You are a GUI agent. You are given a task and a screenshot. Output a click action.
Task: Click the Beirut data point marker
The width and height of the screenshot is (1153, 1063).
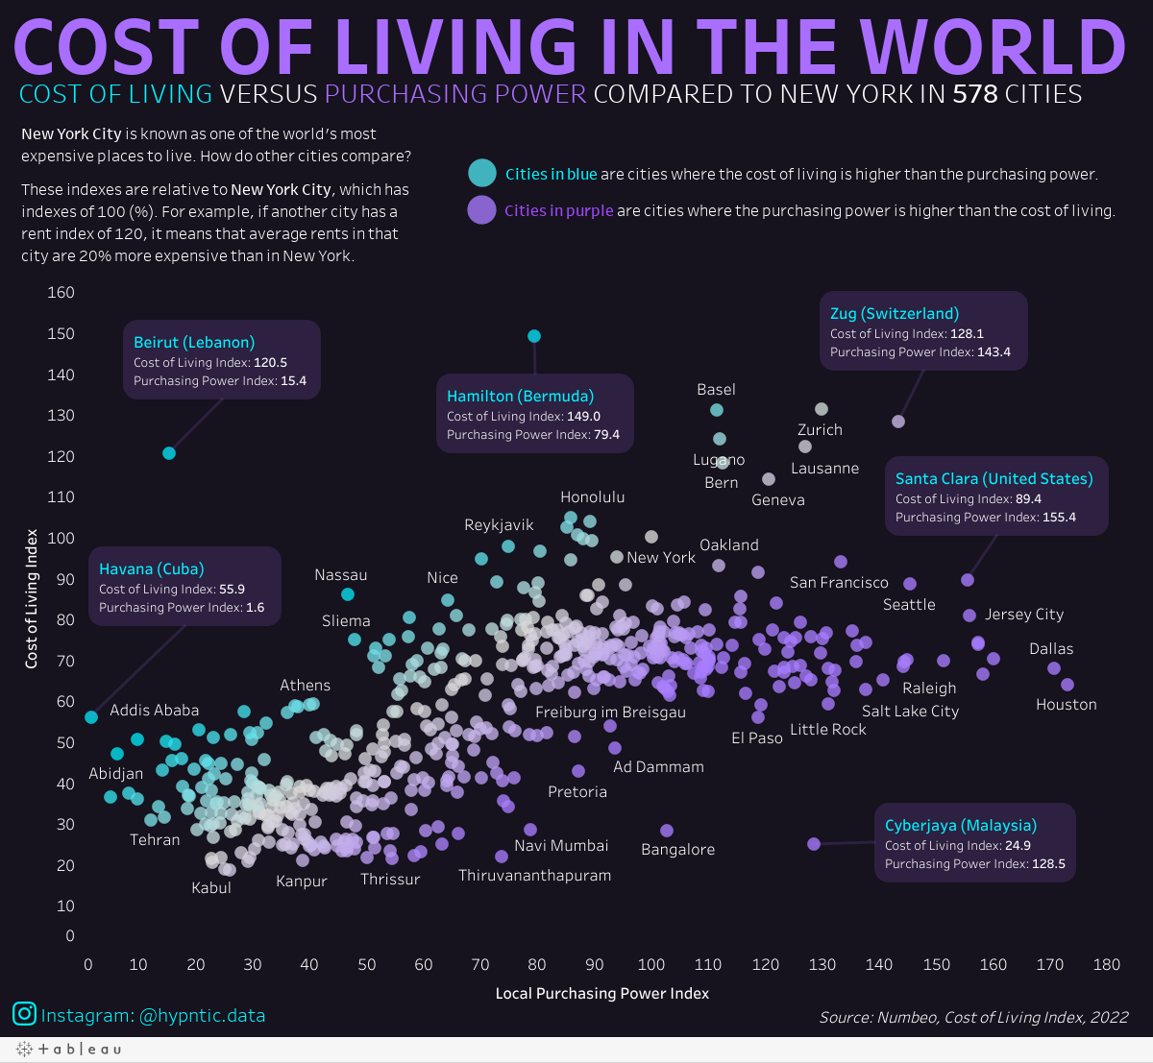169,453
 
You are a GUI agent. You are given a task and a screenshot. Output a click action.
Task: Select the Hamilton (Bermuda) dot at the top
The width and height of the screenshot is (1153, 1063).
534,336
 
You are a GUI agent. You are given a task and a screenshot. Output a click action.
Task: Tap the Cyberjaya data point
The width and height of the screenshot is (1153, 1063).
814,844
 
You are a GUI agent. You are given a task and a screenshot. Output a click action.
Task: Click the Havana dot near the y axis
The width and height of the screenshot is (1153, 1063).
91,717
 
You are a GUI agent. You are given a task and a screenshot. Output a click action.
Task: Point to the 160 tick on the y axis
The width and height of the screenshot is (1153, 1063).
61,293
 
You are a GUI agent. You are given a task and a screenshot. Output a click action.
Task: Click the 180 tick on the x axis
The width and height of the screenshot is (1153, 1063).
1106,964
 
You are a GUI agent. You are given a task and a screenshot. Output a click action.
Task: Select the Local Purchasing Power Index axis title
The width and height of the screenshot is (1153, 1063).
601,994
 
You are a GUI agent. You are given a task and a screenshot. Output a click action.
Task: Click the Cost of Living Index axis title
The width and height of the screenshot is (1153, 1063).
32,598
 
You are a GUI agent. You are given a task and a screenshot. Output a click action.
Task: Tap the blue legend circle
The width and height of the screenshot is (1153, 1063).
481,174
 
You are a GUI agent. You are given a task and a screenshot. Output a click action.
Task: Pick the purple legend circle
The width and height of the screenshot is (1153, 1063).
481,210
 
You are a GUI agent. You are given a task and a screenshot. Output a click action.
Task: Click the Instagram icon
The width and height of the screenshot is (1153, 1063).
25,1014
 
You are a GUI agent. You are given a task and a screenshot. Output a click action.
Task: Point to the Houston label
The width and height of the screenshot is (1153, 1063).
1066,705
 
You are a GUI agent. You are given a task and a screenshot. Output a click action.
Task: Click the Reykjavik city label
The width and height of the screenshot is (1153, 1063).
499,525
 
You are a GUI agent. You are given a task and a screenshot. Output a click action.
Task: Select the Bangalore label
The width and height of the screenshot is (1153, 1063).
677,850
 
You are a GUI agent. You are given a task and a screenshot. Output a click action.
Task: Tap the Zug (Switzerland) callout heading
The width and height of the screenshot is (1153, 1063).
894,314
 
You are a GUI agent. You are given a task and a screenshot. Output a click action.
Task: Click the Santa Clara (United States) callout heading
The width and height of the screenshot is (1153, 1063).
994,479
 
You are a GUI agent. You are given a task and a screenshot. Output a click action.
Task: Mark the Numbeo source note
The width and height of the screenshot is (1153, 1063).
973,1017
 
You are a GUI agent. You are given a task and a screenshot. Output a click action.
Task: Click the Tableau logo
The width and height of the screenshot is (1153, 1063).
68,1050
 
